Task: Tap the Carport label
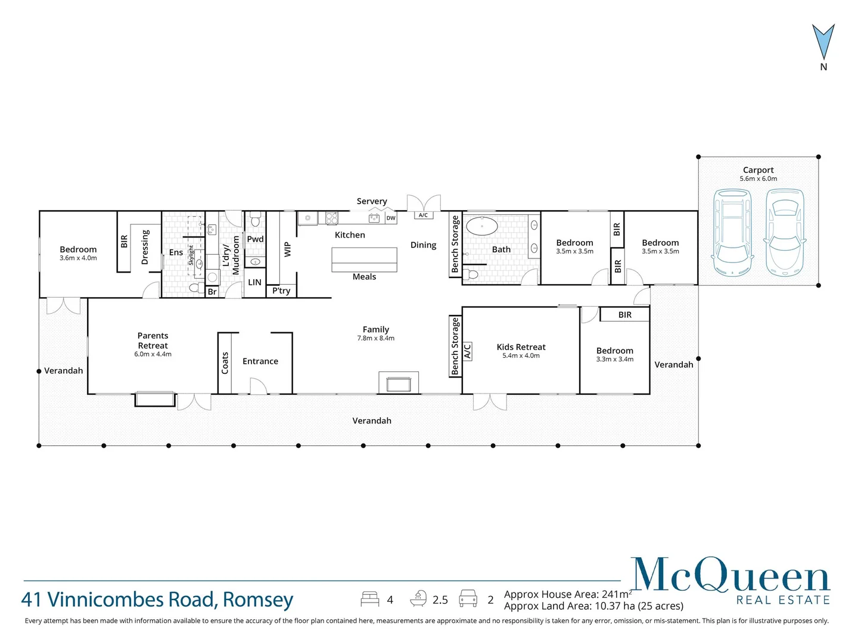pyautogui.click(x=758, y=170)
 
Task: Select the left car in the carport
pyautogui.click(x=732, y=233)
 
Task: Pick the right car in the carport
pyautogui.click(x=785, y=233)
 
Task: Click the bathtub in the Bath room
pyautogui.click(x=481, y=226)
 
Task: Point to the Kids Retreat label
pyautogui.click(x=521, y=347)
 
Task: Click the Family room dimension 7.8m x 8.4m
pyautogui.click(x=375, y=338)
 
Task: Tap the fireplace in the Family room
pyautogui.click(x=398, y=383)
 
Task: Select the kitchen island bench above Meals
pyautogui.click(x=364, y=260)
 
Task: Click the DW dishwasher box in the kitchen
pyautogui.click(x=391, y=218)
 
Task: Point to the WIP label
pyautogui.click(x=288, y=249)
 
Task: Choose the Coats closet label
pyautogui.click(x=225, y=363)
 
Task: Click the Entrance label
pyautogui.click(x=260, y=361)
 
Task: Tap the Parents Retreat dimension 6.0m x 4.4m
pyautogui.click(x=153, y=354)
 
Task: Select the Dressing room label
pyautogui.click(x=145, y=247)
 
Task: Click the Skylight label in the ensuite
pyautogui.click(x=191, y=255)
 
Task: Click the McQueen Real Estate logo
pyautogui.click(x=730, y=580)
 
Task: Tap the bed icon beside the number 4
pyautogui.click(x=370, y=599)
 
